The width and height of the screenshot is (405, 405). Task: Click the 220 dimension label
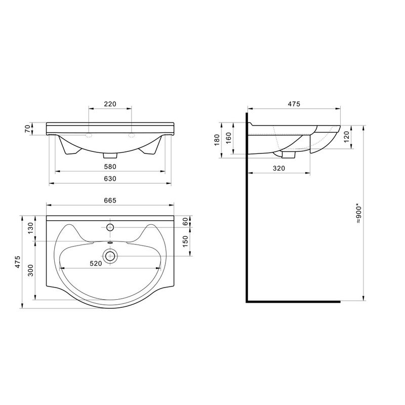coord(110,104)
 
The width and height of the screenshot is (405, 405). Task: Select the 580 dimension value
coord(110,167)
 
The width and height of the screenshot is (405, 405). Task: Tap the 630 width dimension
coord(110,179)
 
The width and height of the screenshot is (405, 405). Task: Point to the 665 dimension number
coord(110,200)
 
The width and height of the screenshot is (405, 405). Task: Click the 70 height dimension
coord(28,129)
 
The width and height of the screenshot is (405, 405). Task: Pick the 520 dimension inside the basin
coord(96,263)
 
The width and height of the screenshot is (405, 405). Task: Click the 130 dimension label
coord(30,228)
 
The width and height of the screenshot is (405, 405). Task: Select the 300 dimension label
coord(30,270)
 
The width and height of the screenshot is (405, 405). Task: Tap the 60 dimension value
coord(185,221)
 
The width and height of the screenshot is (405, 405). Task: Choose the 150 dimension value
coord(185,241)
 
